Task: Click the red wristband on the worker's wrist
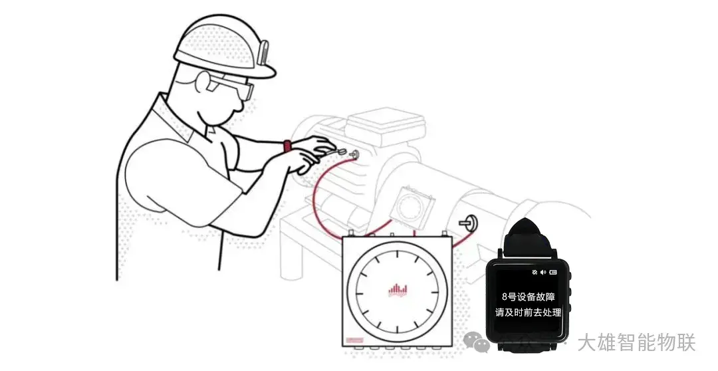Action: [x=287, y=146]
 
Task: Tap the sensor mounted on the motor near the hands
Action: [x=352, y=155]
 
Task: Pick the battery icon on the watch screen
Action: [x=554, y=272]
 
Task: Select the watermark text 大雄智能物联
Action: [x=636, y=343]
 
